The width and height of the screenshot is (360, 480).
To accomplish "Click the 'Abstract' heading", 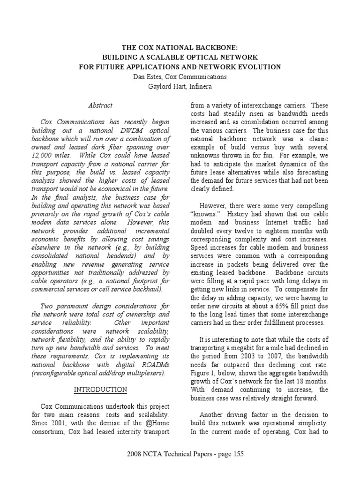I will coord(100,105).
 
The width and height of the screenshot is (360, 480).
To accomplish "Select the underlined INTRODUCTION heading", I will coord(100,390).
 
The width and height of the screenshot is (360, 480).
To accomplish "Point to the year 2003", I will coord(240,356).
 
